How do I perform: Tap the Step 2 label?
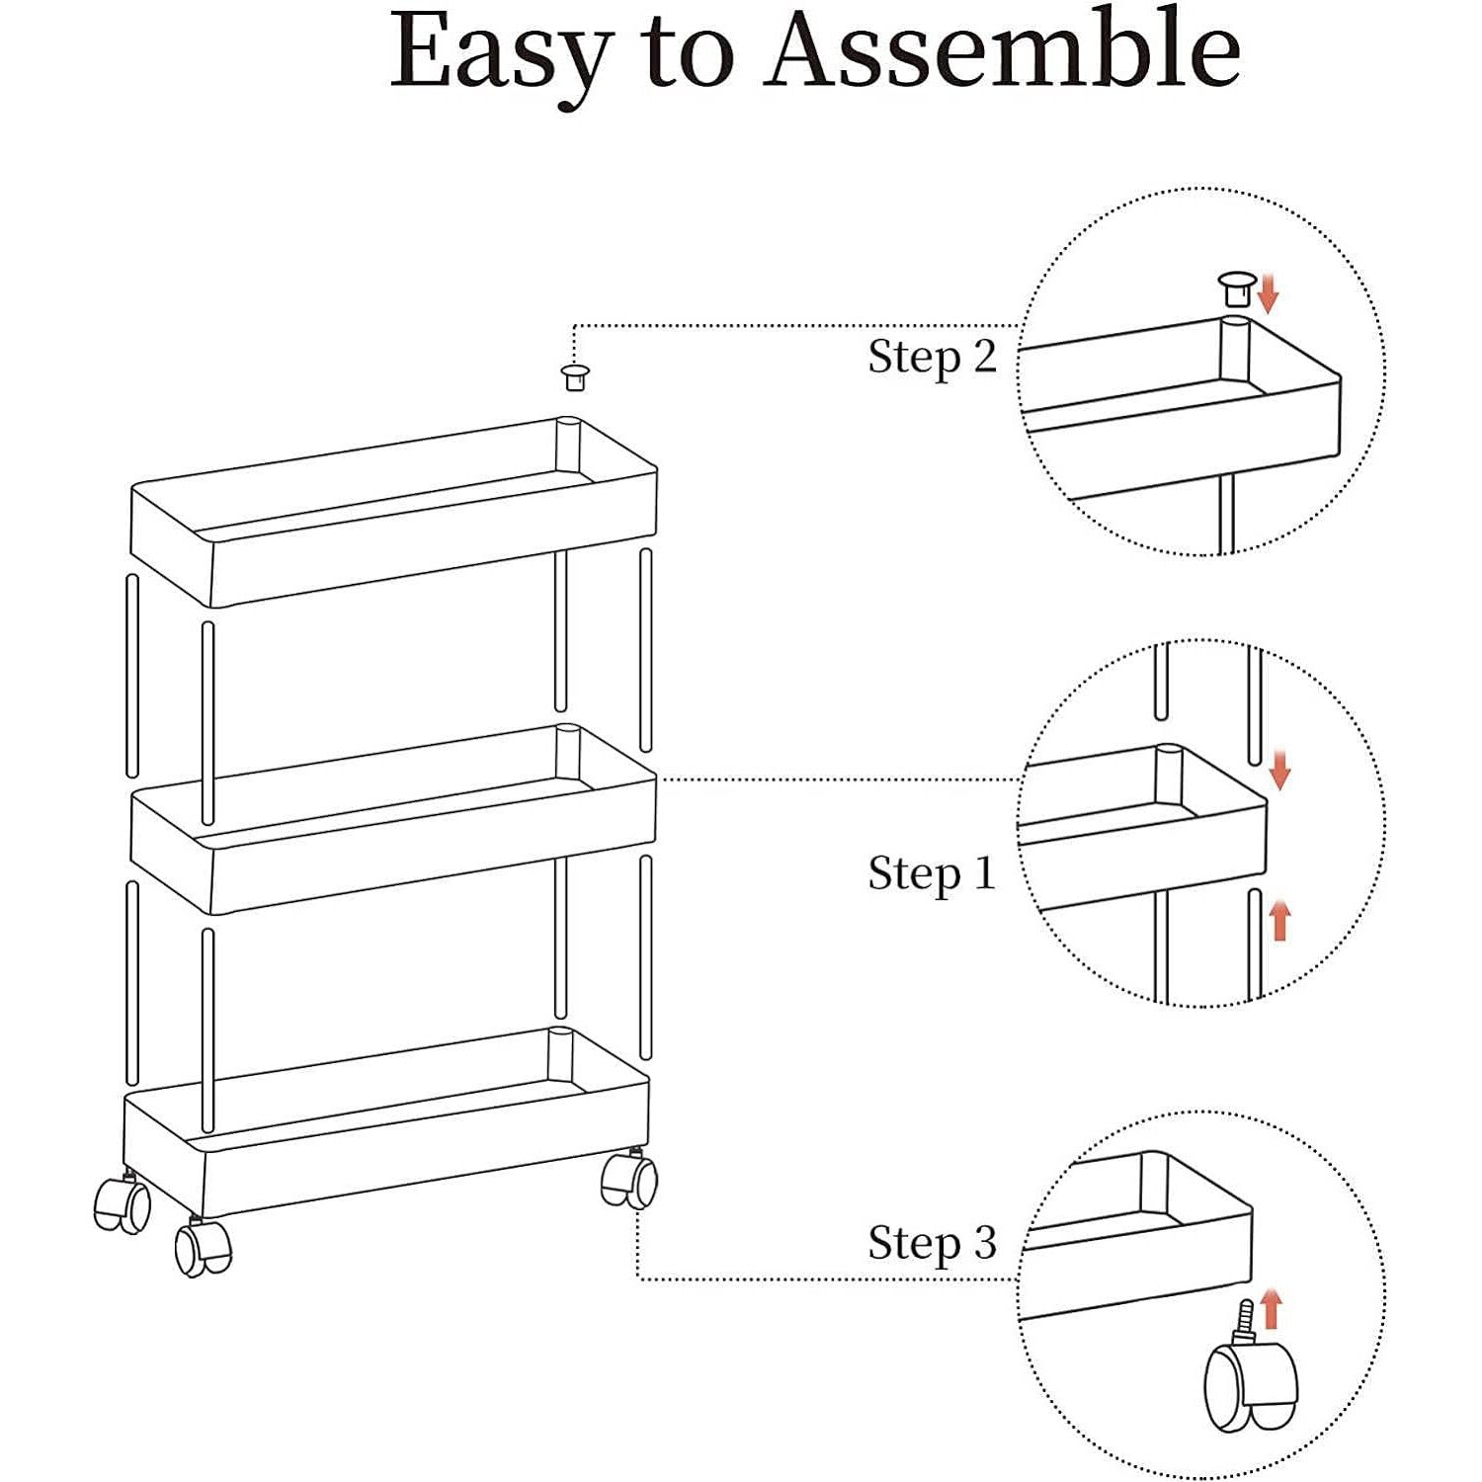(x=932, y=358)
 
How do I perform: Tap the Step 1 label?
(x=932, y=873)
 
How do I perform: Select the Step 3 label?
(x=932, y=1243)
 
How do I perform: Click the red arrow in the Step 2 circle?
(x=1269, y=293)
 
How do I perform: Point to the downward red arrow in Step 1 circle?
(x=1279, y=771)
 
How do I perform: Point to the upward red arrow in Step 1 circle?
(x=1280, y=920)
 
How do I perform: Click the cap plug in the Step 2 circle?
(x=1235, y=288)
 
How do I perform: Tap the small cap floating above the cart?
(x=574, y=376)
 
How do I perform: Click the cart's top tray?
(x=395, y=514)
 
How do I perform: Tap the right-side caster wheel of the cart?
(x=629, y=1181)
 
